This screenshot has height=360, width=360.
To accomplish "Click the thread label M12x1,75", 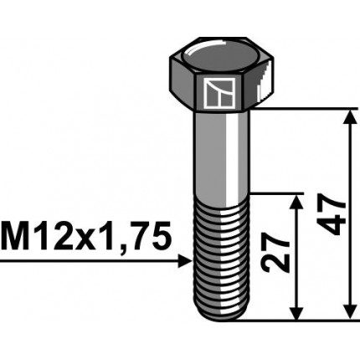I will (x=87, y=237).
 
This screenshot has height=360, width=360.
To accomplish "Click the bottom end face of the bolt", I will (x=222, y=316).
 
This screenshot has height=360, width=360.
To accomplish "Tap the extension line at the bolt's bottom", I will (x=293, y=320).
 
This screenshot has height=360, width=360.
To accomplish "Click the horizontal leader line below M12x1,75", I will (x=84, y=261).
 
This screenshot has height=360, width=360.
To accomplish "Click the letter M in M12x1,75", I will (x=16, y=237).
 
